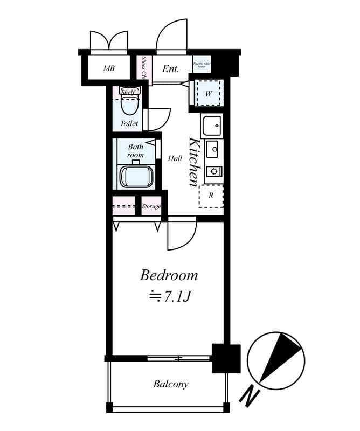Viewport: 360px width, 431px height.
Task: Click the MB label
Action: (109, 69)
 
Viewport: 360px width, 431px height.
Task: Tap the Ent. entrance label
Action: (170, 69)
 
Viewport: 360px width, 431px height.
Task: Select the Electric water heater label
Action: (201, 65)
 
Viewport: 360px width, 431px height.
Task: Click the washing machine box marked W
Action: (209, 94)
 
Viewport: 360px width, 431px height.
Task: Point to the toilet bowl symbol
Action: (129, 104)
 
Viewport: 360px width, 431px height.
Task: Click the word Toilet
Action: (129, 123)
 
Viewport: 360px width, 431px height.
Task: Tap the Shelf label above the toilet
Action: (128, 92)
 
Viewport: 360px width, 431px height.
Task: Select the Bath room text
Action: (135, 151)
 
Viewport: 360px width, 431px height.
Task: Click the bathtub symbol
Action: (136, 176)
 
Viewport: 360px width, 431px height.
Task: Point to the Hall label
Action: (175, 158)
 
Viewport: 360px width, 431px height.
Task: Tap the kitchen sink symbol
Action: (211, 127)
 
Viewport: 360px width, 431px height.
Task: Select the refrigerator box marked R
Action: (211, 196)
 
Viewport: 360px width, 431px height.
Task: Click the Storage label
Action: (151, 206)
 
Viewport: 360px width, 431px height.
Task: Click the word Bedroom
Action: (169, 275)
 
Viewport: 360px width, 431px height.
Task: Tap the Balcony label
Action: (171, 384)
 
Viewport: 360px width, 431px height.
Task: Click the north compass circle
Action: (276, 360)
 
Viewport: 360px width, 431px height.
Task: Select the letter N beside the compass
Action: (248, 398)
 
